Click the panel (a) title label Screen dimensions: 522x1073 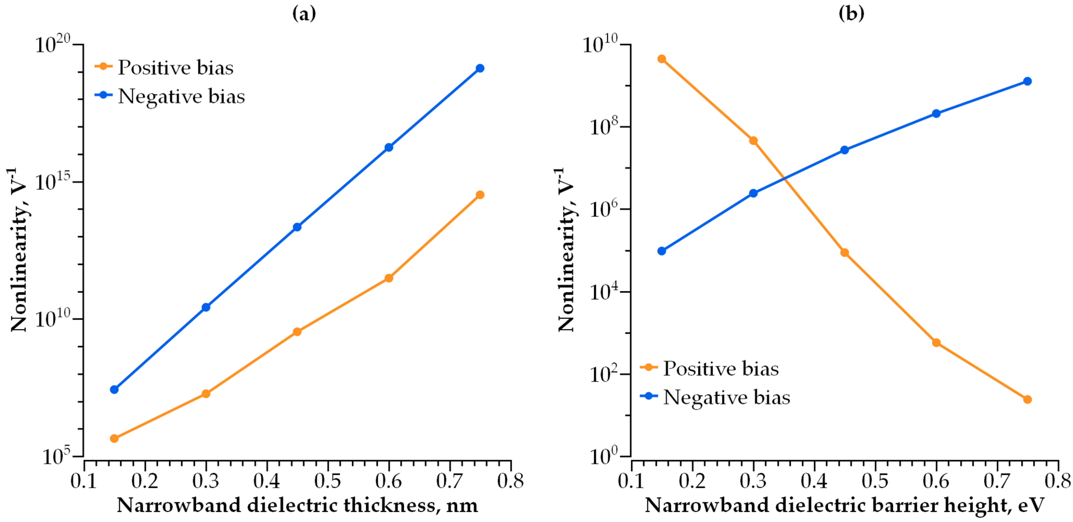304,14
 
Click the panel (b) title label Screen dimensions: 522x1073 851,14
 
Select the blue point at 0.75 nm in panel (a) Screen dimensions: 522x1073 480,68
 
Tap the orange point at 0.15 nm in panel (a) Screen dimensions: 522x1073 114,438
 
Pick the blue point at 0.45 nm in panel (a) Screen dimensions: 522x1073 297,227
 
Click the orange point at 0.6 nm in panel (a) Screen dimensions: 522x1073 389,278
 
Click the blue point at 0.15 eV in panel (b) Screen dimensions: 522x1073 661,251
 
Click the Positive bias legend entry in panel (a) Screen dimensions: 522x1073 175,68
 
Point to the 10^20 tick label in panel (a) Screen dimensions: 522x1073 53,44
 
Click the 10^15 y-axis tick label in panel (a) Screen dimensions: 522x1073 53,182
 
